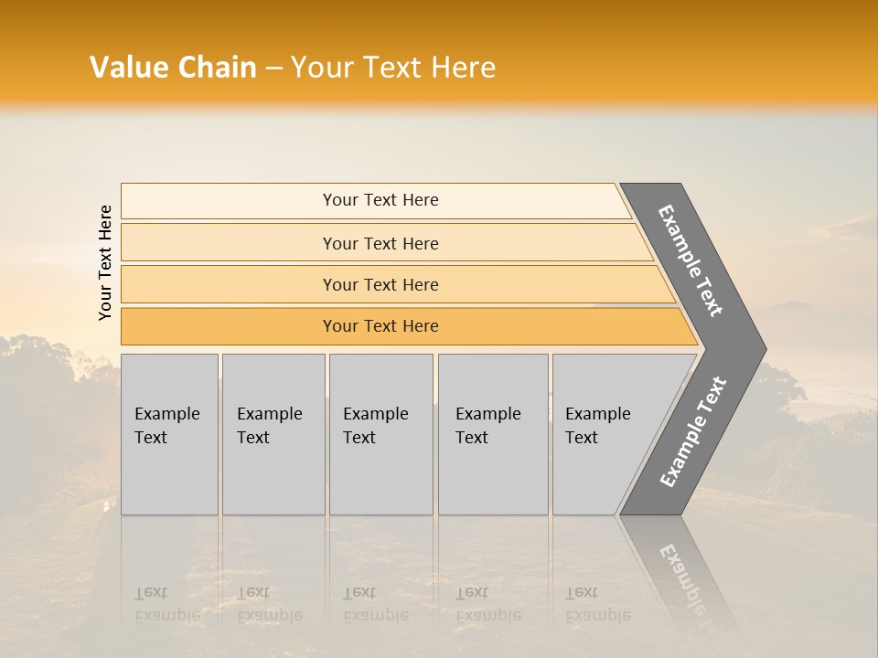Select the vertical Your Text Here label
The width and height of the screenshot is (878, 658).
click(105, 262)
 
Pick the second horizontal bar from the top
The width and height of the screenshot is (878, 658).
click(380, 243)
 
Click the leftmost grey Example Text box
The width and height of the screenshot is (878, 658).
click(169, 434)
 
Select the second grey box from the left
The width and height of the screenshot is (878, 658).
click(273, 434)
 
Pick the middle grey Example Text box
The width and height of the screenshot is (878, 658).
click(380, 434)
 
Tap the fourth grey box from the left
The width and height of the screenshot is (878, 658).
click(492, 434)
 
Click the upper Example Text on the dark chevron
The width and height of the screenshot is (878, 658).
click(691, 260)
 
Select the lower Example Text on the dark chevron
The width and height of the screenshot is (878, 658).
click(692, 432)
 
